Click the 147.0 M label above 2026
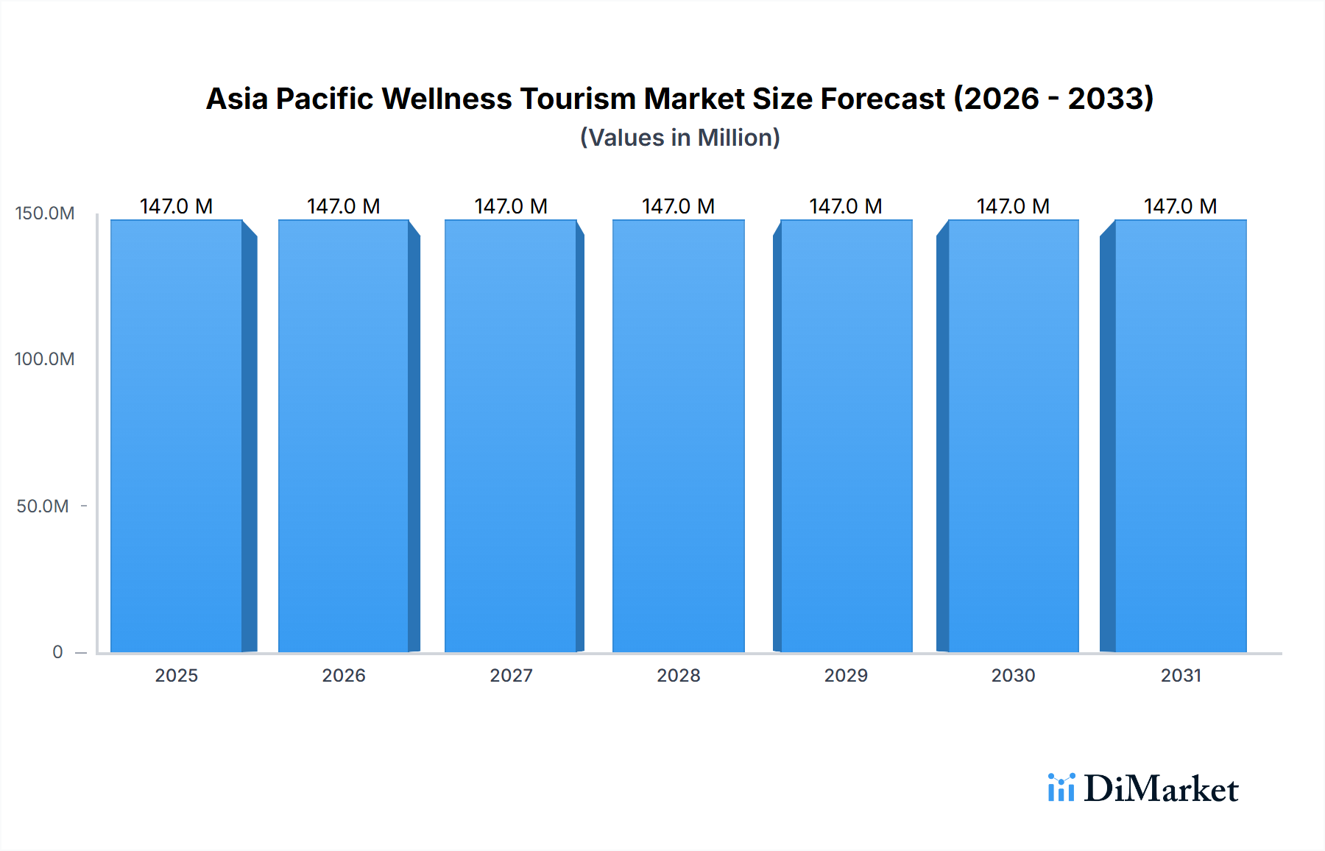(344, 206)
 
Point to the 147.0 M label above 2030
(1013, 206)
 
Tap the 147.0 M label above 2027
(511, 206)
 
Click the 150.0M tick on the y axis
(45, 213)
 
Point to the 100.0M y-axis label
(45, 359)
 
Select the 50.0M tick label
(43, 506)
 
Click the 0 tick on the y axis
(57, 652)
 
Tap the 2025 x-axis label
(177, 676)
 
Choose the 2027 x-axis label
(511, 676)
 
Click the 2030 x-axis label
(1013, 676)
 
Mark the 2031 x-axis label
(1181, 676)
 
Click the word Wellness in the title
(446, 99)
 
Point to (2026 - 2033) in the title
(1053, 99)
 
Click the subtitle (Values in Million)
(679, 138)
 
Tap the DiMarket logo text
(1161, 789)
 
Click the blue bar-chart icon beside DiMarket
(1061, 788)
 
